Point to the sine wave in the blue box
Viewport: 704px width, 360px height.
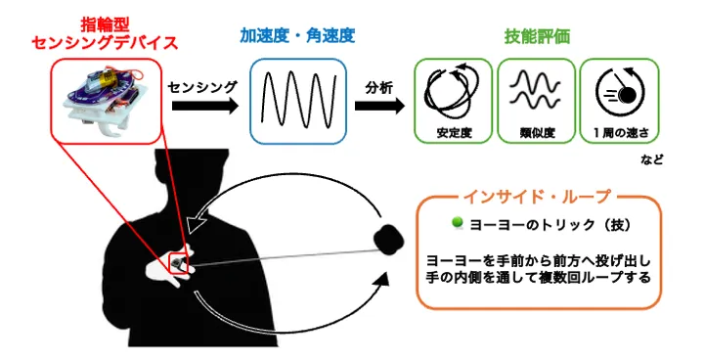point(297,98)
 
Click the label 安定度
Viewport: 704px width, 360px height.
point(454,131)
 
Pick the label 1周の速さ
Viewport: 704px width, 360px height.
point(619,131)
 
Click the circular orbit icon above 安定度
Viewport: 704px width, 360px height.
point(454,90)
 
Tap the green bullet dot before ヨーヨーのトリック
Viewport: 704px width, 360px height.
point(457,224)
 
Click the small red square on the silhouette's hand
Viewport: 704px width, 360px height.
point(180,263)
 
